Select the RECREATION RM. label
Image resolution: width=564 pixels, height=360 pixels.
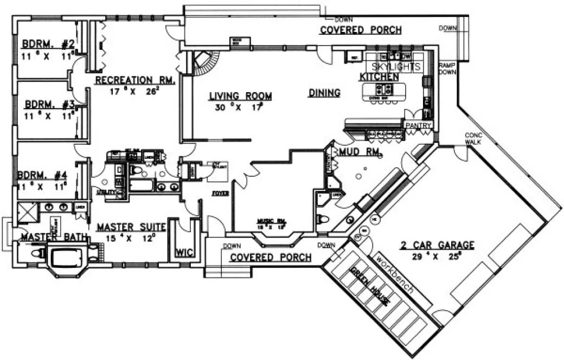pyautogui.click(x=134, y=80)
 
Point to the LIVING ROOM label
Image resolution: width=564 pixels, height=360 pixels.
pyautogui.click(x=240, y=97)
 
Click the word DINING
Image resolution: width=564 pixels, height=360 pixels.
pyautogui.click(x=324, y=93)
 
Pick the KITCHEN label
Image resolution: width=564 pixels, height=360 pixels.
pyautogui.click(x=379, y=77)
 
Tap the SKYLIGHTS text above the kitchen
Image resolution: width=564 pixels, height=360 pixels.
pyautogui.click(x=396, y=67)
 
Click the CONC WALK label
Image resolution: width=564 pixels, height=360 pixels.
pyautogui.click(x=472, y=138)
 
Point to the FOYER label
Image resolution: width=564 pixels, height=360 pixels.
pyautogui.click(x=220, y=193)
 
